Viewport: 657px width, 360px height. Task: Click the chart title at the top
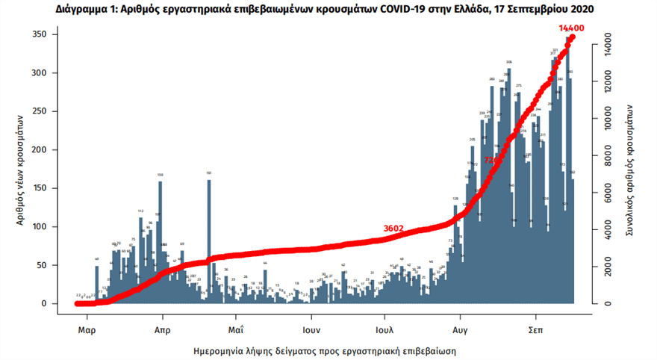click(x=328, y=10)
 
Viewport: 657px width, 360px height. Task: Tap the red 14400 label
click(x=571, y=28)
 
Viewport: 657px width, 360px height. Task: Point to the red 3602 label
click(x=394, y=229)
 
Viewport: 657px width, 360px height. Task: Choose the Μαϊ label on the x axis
click(x=236, y=329)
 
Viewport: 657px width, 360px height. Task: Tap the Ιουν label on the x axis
click(x=311, y=329)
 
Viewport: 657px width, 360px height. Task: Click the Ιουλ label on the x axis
click(x=385, y=329)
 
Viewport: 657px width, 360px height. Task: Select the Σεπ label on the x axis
click(x=535, y=329)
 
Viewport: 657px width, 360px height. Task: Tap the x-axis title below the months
click(x=324, y=350)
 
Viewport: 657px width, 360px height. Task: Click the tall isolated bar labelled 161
click(x=209, y=239)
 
